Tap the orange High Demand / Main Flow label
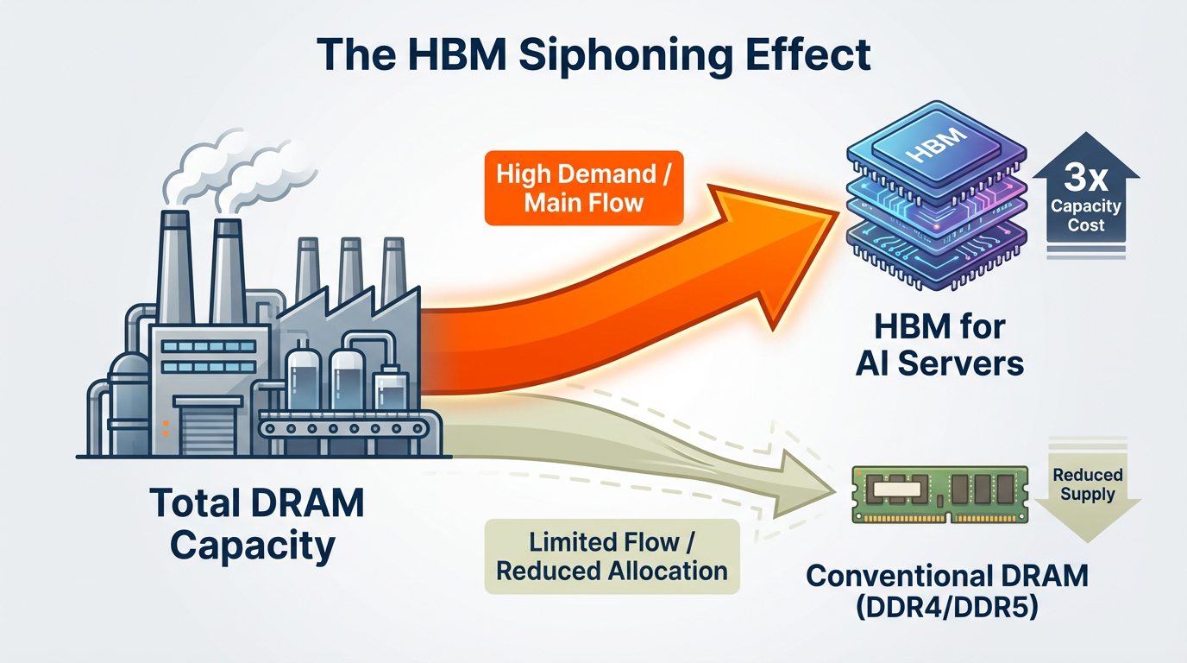(583, 188)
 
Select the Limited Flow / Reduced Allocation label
(612, 557)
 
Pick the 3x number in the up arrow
(1085, 179)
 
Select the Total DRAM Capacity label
(255, 524)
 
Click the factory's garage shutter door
(204, 426)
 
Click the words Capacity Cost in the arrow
(1085, 216)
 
